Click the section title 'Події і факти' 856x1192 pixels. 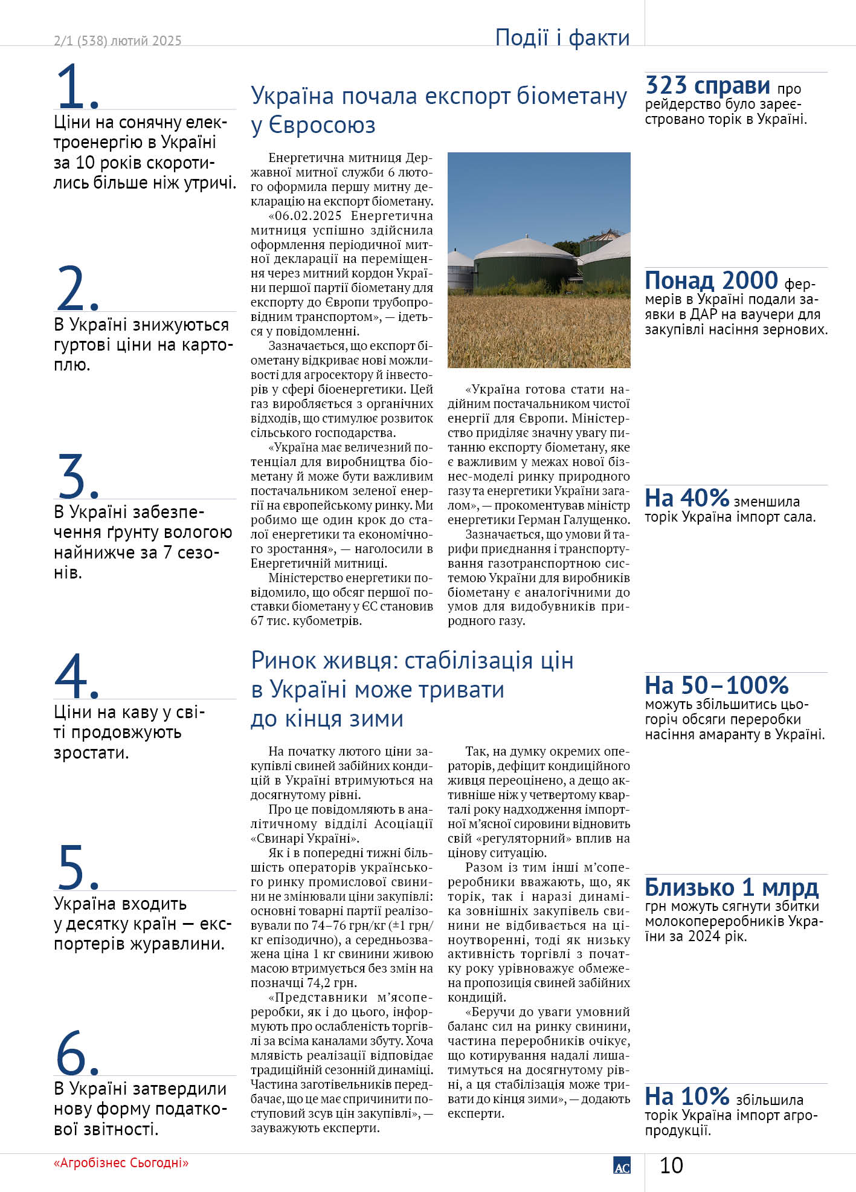pyautogui.click(x=562, y=37)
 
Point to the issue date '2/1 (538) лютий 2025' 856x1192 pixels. pyautogui.click(x=117, y=41)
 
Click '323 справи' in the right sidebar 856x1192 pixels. pyautogui.click(x=707, y=86)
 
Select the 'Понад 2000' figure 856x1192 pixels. pyautogui.click(x=711, y=280)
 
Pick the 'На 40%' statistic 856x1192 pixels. pyautogui.click(x=687, y=498)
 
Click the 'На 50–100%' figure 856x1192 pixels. pyautogui.click(x=716, y=685)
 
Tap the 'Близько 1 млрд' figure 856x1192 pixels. pyautogui.click(x=732, y=887)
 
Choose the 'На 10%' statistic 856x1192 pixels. pyautogui.click(x=687, y=1096)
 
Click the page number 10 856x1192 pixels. pyautogui.click(x=671, y=1165)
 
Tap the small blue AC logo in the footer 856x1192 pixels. pyautogui.click(x=622, y=1166)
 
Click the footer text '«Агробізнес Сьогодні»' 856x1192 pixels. pyautogui.click(x=121, y=1163)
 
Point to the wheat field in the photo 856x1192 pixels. pyautogui.click(x=538, y=329)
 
